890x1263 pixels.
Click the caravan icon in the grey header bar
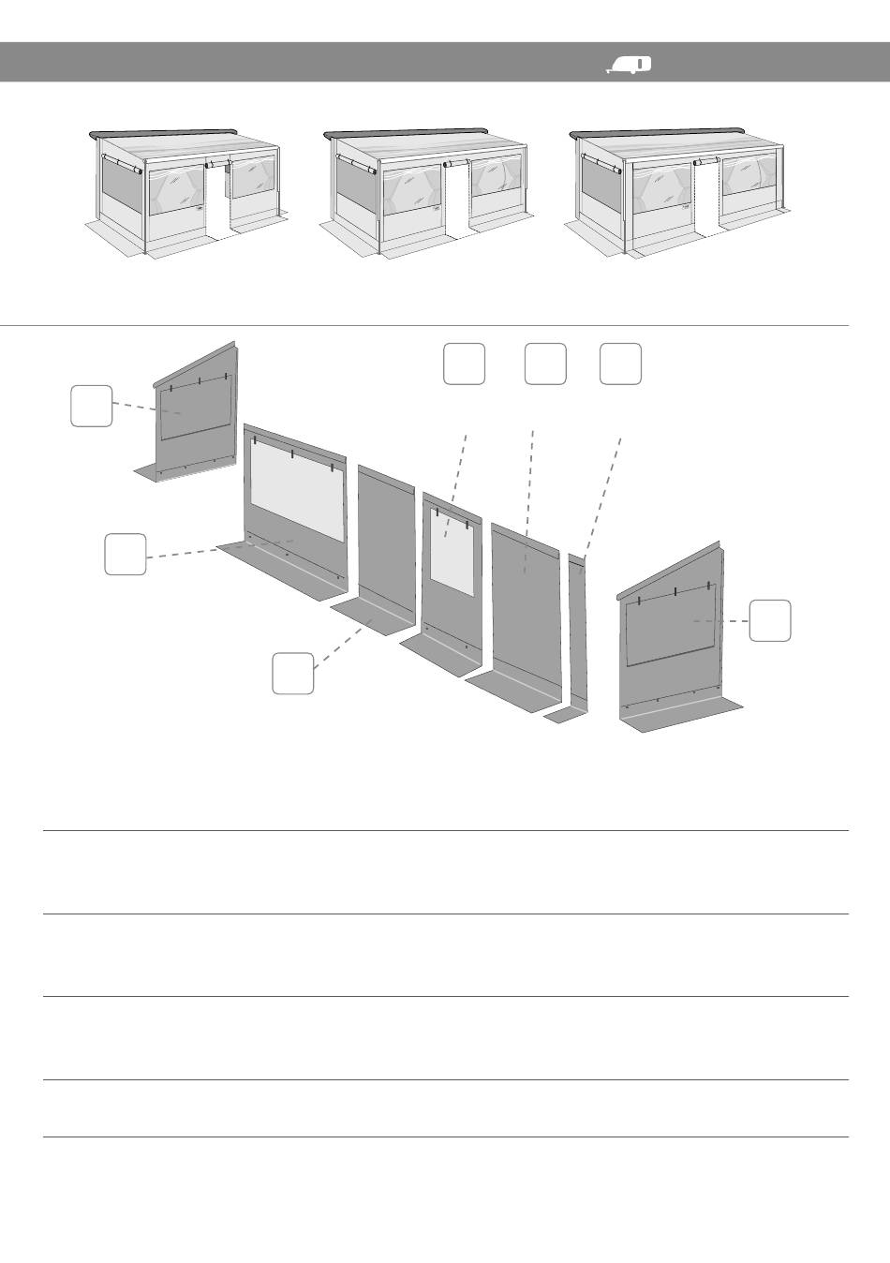click(630, 64)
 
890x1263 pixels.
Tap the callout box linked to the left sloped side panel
click(92, 406)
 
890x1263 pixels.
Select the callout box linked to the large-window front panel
click(125, 554)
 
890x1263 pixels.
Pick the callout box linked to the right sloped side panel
click(769, 620)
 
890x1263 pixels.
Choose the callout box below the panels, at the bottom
click(292, 674)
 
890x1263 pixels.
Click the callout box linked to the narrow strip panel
click(620, 364)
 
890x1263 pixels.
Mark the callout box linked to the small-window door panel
click(464, 364)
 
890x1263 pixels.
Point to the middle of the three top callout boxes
click(545, 364)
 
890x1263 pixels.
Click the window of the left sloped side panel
click(195, 410)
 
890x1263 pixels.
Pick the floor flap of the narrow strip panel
click(565, 717)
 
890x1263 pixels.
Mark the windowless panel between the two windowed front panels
click(385, 543)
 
